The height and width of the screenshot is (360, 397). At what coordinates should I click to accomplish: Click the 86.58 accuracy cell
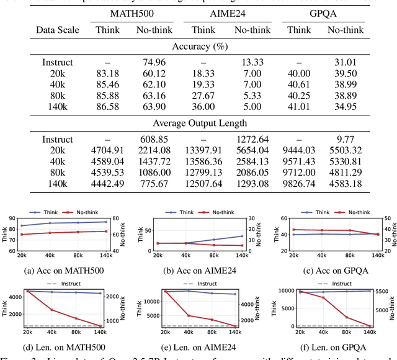[x=107, y=107]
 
